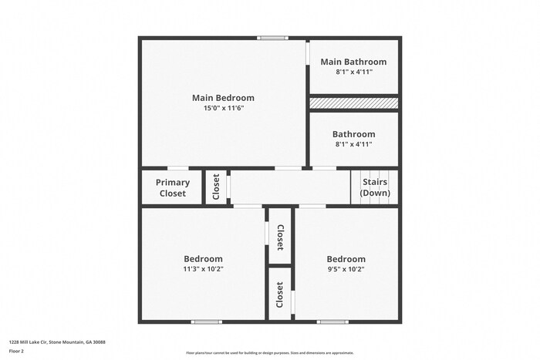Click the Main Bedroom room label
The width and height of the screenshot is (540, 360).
click(x=223, y=98)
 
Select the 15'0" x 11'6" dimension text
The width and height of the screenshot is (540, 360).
click(x=223, y=109)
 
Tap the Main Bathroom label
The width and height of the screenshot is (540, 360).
click(x=353, y=62)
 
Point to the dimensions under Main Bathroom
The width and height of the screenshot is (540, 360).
click(x=353, y=72)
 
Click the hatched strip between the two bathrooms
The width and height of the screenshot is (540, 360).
click(x=353, y=103)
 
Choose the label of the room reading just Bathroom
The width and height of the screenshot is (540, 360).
click(x=353, y=134)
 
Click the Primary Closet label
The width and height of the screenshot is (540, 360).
click(x=172, y=188)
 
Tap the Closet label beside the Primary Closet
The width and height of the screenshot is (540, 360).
click(x=217, y=187)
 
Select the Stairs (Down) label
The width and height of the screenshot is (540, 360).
click(x=375, y=187)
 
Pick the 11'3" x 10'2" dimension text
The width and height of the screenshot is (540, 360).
click(x=203, y=269)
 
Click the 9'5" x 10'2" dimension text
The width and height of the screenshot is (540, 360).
click(x=346, y=269)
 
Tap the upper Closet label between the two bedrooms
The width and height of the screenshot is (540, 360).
click(x=280, y=237)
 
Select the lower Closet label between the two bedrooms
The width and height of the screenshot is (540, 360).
click(x=280, y=294)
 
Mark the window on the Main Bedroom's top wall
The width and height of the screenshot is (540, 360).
click(x=272, y=38)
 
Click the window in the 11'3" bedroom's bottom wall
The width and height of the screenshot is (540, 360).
click(x=207, y=321)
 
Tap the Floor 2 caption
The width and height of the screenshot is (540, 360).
click(x=16, y=351)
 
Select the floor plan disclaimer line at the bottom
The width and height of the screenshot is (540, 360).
click(x=269, y=352)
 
